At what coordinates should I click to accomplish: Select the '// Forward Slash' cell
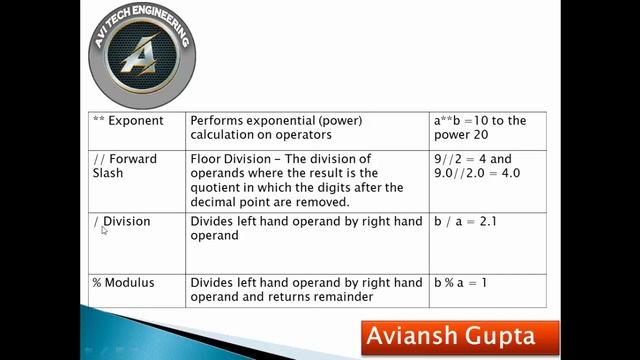(x=125, y=166)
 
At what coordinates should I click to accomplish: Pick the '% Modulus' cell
(x=123, y=283)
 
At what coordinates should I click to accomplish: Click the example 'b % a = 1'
(x=460, y=283)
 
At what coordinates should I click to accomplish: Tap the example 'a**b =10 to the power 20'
(x=480, y=128)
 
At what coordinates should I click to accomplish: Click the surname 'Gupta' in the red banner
(x=497, y=336)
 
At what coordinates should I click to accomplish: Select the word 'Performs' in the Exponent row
(x=217, y=121)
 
